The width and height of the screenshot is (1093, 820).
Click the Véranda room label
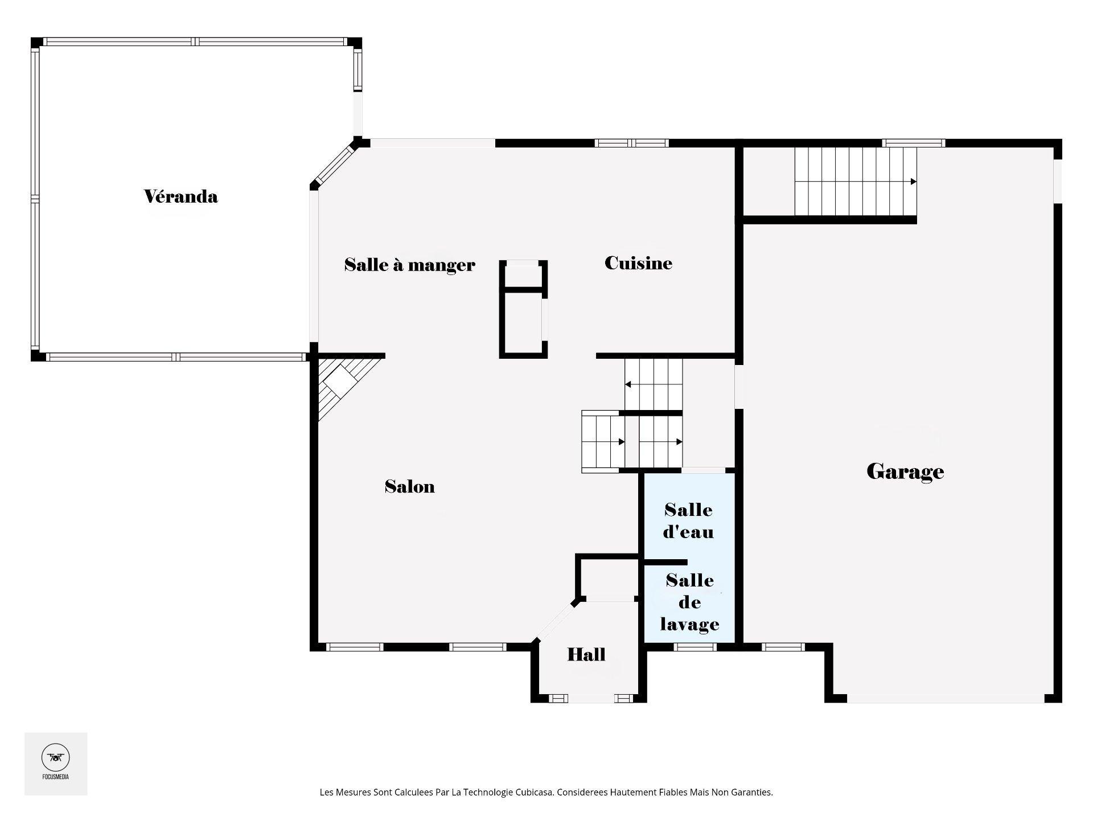[180, 196]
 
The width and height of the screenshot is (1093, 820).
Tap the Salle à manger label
[409, 265]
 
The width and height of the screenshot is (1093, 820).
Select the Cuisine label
[638, 263]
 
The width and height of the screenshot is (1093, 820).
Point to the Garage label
[905, 471]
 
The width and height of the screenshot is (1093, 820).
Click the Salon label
[409, 486]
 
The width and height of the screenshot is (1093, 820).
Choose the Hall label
[586, 654]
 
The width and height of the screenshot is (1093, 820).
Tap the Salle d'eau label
[688, 520]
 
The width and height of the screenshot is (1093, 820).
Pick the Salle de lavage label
[689, 602]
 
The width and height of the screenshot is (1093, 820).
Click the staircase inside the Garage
[855, 182]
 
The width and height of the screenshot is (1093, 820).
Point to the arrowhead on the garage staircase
[913, 182]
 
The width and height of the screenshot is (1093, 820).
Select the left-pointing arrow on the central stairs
[628, 385]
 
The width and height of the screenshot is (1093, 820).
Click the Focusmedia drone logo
[55, 757]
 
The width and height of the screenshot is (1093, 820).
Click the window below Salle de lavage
[695, 647]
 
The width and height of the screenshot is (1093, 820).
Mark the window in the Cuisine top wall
[631, 143]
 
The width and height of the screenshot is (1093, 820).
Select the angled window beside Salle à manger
[334, 165]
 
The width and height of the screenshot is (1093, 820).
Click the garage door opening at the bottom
[945, 698]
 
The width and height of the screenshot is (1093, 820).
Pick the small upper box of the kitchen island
[523, 274]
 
